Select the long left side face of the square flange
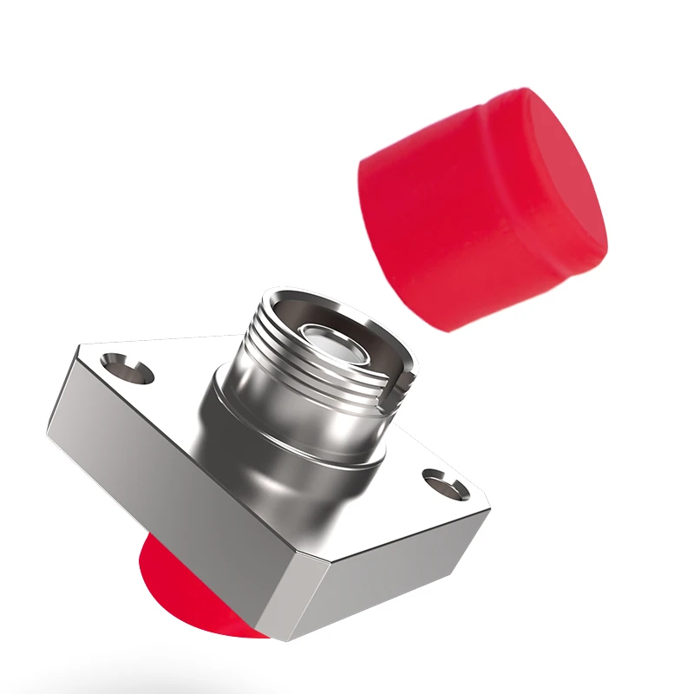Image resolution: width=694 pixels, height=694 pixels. click(x=165, y=486)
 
